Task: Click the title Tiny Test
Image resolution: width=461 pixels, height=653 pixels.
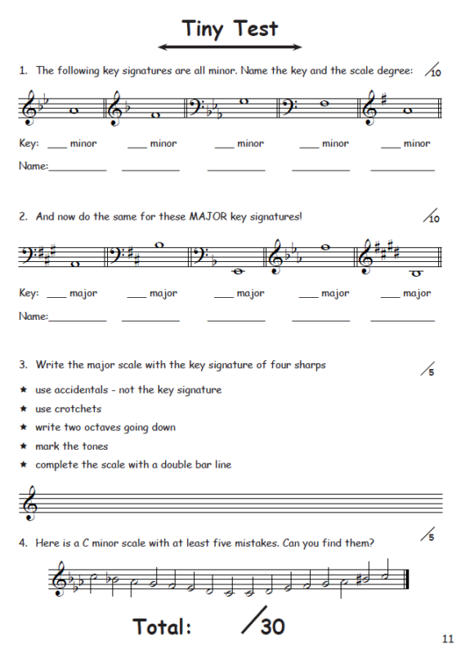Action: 230,29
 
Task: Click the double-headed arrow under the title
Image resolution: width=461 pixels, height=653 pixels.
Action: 230,47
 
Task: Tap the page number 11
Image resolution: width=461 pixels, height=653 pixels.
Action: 446,637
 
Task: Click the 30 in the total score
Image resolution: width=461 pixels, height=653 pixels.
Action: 273,626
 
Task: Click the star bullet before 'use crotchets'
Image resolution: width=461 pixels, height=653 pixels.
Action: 24,409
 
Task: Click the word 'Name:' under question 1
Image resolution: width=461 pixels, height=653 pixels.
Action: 34,166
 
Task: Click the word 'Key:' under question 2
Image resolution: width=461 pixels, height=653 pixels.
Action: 29,293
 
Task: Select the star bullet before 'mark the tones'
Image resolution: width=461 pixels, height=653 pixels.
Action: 24,446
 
